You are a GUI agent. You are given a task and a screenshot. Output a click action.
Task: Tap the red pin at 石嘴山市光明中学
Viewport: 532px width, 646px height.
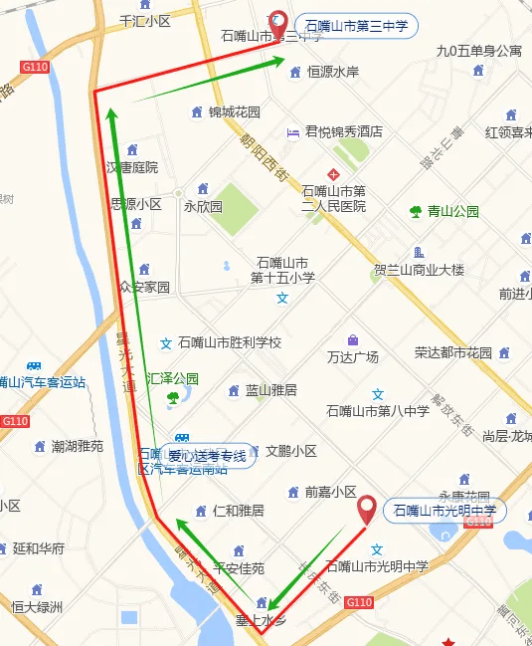coord(367,508)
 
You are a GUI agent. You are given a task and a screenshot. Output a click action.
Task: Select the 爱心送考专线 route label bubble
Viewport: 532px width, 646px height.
coord(206,457)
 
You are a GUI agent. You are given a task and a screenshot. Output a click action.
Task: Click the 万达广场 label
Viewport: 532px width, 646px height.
coord(353,356)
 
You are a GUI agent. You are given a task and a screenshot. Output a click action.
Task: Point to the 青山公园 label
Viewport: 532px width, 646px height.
coord(453,211)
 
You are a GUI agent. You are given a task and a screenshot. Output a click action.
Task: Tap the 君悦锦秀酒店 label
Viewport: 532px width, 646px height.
coord(344,131)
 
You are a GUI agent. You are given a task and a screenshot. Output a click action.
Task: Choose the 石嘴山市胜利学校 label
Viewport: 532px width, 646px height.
coord(230,342)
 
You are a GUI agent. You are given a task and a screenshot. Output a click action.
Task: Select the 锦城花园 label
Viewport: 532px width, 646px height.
coord(235,111)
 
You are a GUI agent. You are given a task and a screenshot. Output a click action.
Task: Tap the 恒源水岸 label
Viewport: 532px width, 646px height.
coord(333,72)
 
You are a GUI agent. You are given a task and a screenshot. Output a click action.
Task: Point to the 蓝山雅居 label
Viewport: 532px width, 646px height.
coord(271,390)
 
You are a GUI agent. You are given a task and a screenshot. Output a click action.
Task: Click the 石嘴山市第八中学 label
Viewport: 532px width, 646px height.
coord(378,411)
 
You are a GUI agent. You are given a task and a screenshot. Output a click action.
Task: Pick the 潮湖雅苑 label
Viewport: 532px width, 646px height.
coord(78,447)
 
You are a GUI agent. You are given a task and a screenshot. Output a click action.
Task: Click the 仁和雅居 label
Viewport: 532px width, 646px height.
coord(239,511)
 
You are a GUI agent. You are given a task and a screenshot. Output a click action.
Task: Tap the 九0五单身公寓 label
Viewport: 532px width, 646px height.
coord(479,50)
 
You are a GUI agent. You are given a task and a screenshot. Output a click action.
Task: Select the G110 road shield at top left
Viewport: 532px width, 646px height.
coord(34,67)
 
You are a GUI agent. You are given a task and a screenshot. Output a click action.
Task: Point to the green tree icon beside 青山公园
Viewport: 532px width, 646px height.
coord(416,211)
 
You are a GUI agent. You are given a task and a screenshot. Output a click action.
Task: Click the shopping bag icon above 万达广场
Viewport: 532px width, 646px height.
coord(353,339)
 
